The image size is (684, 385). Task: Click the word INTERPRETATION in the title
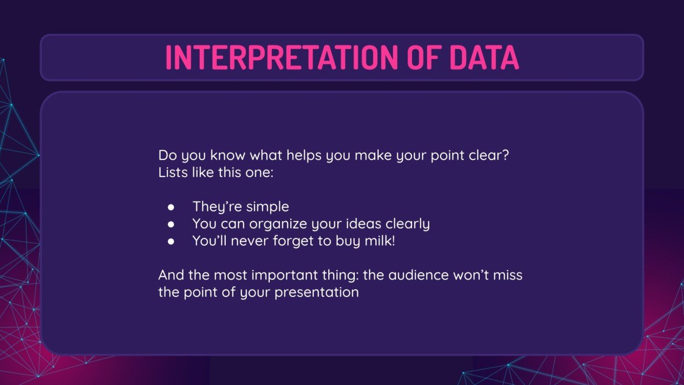click(282, 57)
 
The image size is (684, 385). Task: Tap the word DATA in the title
click(484, 57)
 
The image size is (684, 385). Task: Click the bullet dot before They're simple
click(171, 207)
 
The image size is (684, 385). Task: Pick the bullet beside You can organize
click(171, 224)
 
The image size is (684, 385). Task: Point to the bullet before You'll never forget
click(171, 242)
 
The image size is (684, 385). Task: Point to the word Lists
click(173, 172)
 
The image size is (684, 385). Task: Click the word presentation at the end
click(316, 293)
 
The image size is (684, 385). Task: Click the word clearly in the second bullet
click(408, 224)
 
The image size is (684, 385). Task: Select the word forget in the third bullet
click(293, 242)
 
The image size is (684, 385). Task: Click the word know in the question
click(227, 155)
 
